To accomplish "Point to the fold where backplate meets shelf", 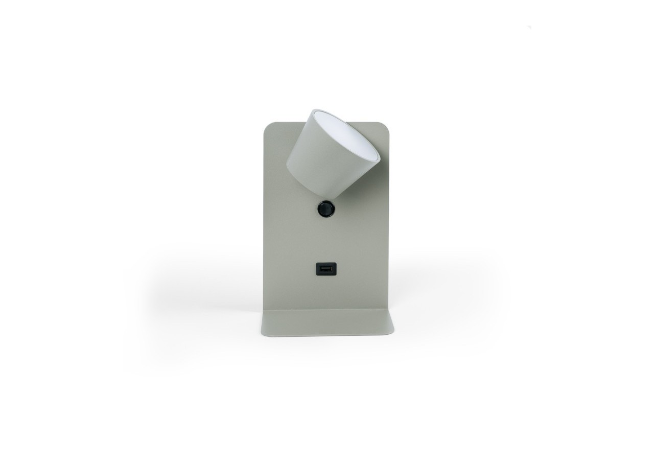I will point(327,310).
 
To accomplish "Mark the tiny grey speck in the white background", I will point(530,27).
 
